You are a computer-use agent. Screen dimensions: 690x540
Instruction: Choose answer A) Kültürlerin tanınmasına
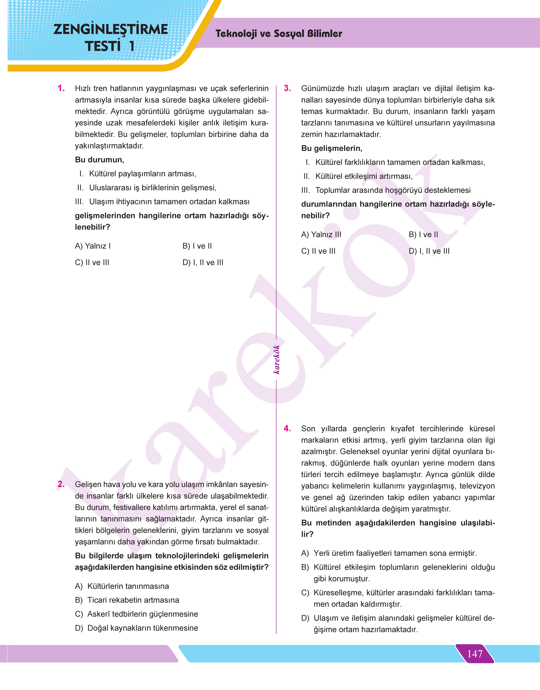122,586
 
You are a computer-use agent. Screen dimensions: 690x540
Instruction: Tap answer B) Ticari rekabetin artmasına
127,600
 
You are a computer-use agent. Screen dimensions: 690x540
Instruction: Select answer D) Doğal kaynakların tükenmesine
137,628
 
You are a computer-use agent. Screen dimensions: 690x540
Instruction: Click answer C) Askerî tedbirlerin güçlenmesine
137,614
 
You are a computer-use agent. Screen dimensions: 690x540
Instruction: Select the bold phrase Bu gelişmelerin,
332,148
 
